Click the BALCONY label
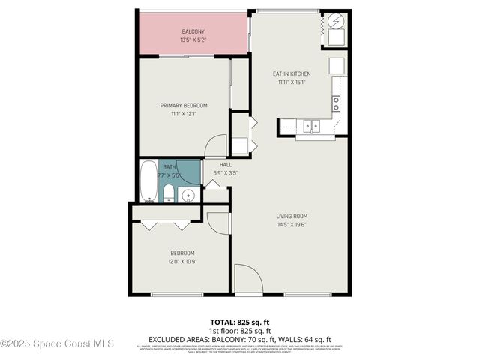[193, 31]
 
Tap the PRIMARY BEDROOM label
[184, 105]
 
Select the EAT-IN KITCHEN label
[291, 73]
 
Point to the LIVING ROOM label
[292, 216]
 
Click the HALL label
[226, 164]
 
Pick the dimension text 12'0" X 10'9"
[181, 261]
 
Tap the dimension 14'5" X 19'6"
[292, 224]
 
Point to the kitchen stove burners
[337, 103]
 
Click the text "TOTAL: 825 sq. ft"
[239, 321]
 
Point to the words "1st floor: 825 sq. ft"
[239, 330]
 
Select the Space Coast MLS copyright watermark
[57, 344]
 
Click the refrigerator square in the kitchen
[336, 65]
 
